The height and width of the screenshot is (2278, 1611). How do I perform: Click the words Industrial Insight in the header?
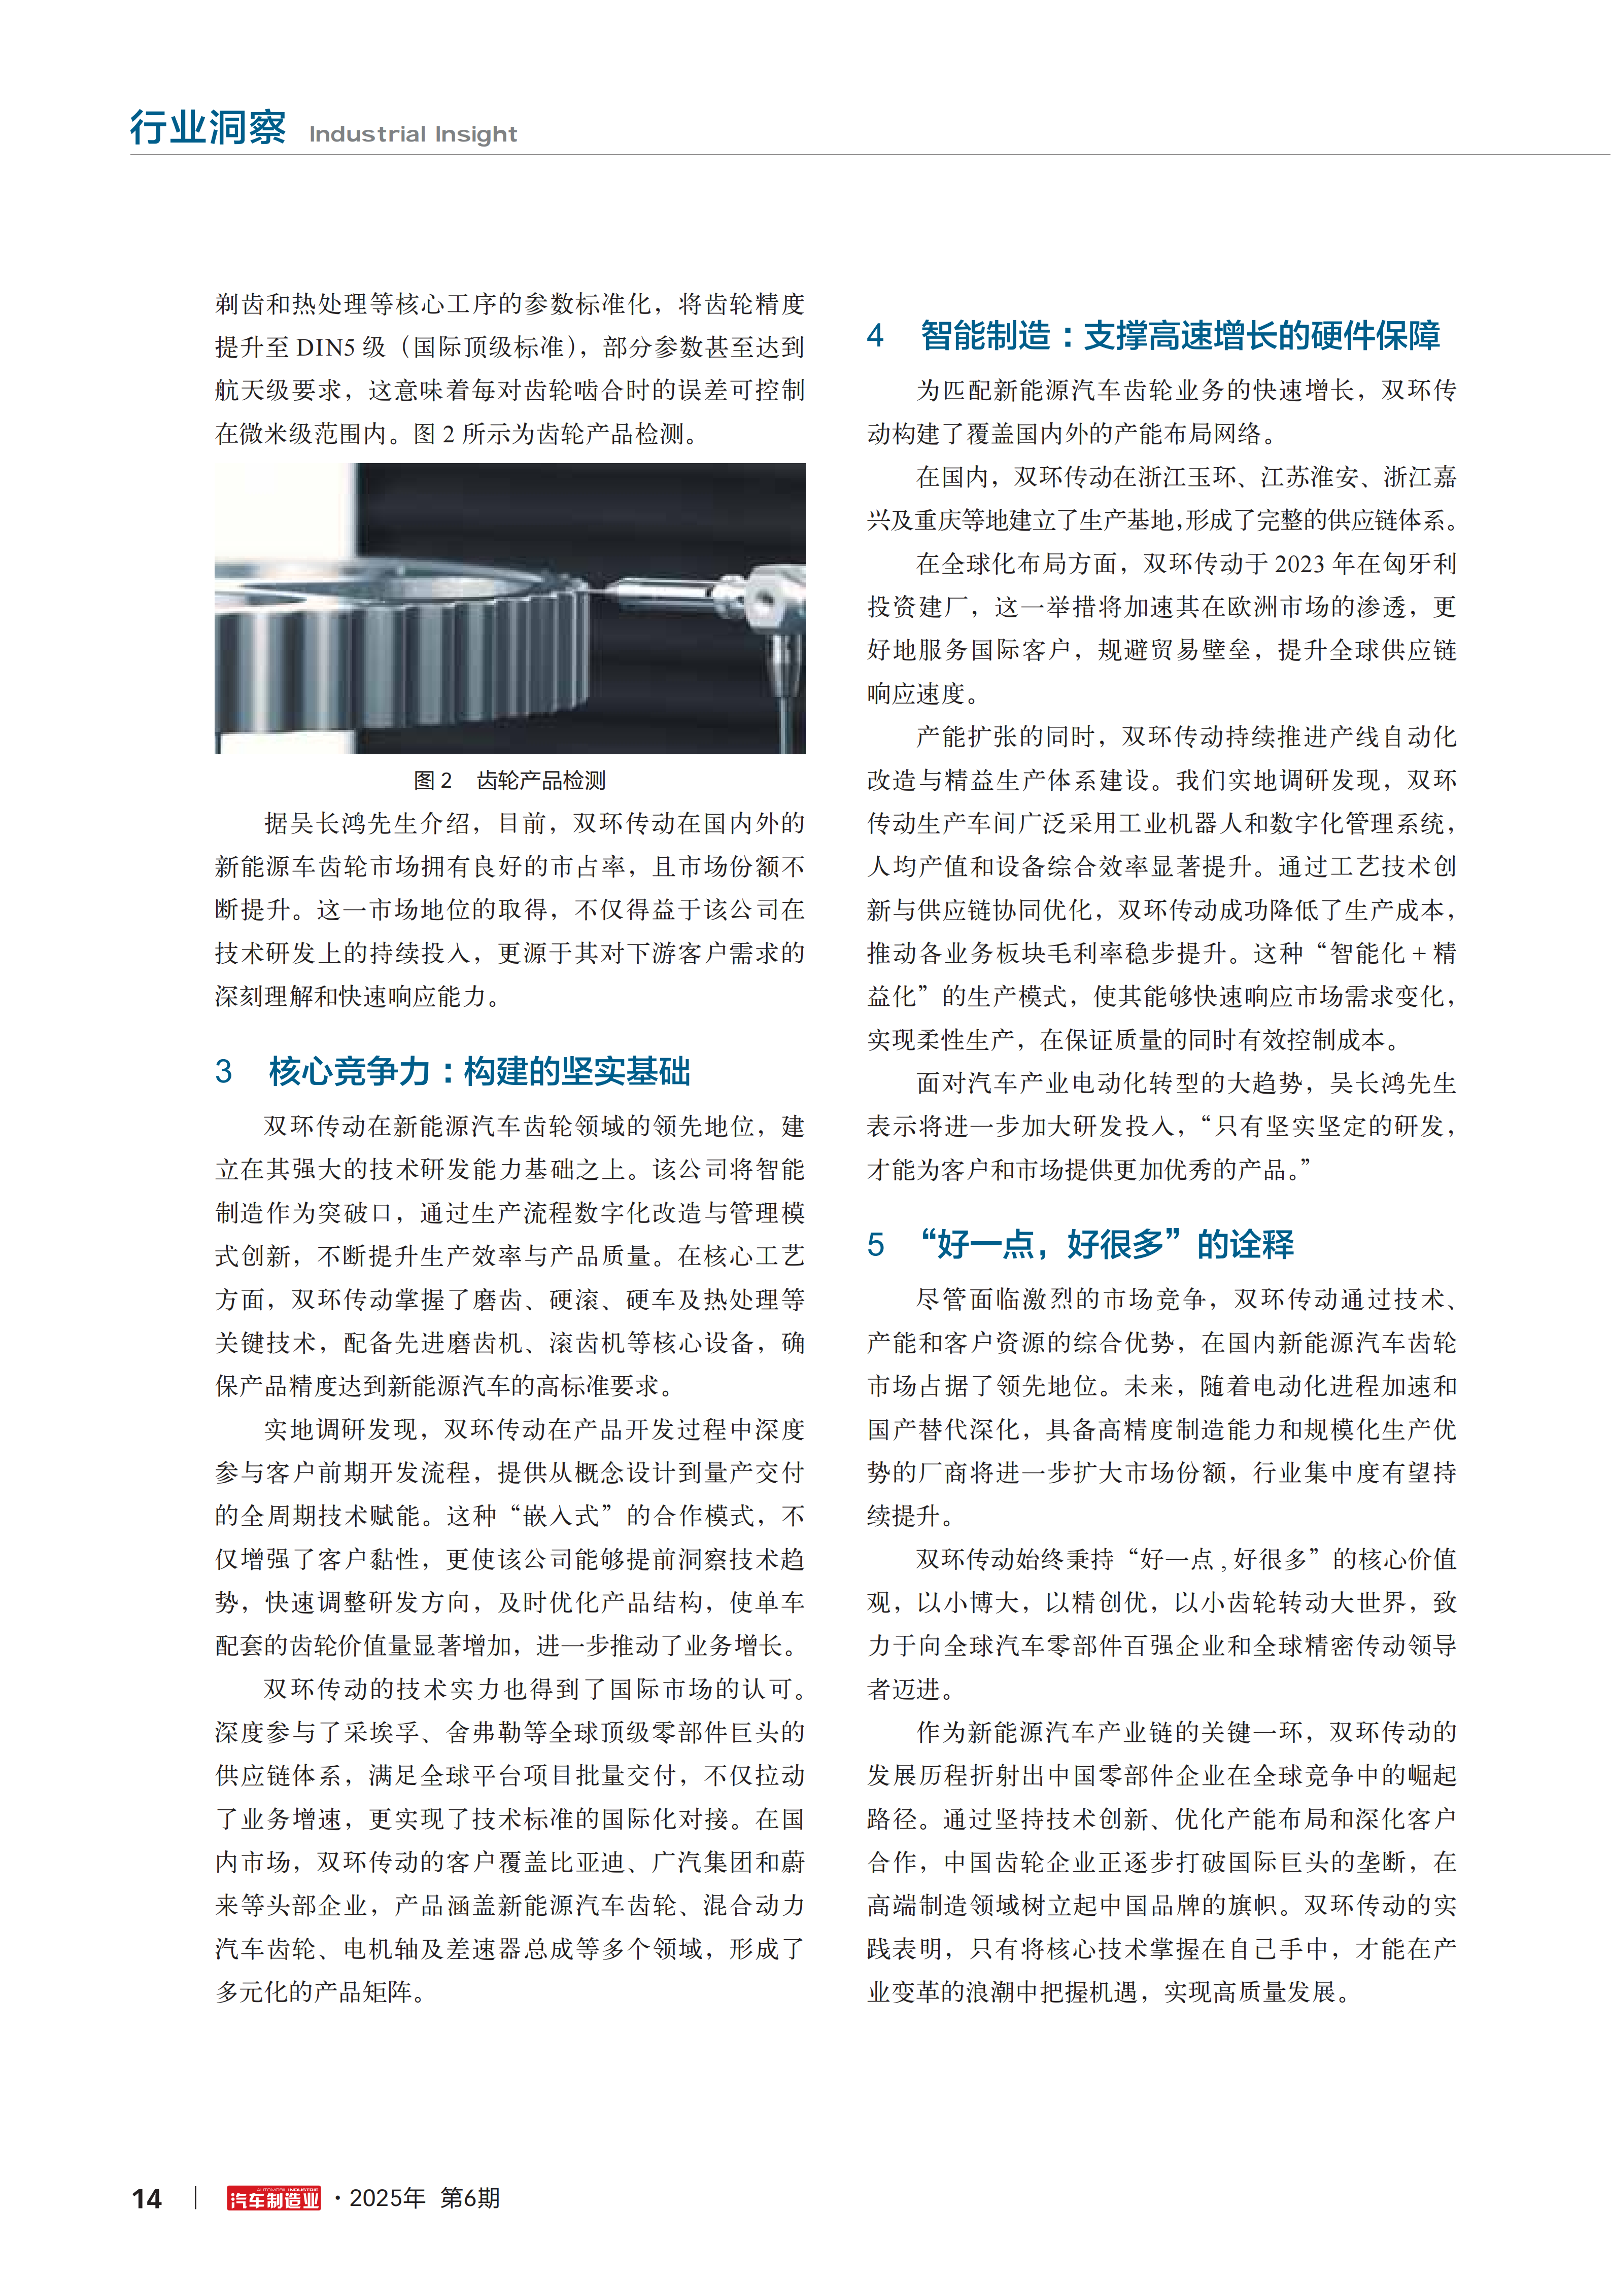(413, 134)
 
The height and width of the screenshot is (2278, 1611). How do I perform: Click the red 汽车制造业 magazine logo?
(274, 2199)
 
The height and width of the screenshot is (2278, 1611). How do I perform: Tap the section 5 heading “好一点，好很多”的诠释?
(1107, 1244)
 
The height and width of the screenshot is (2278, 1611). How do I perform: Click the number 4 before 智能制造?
(874, 335)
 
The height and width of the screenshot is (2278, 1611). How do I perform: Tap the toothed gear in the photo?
(417, 645)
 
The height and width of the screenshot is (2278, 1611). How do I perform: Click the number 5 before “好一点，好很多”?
(874, 1244)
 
